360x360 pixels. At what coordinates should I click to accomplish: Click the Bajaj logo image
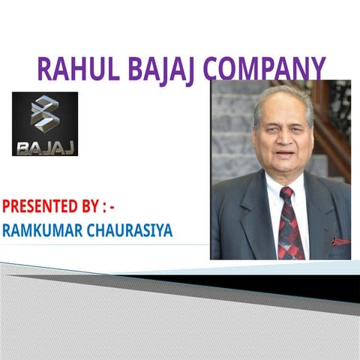point(45,124)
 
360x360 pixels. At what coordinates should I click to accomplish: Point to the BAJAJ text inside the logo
point(45,144)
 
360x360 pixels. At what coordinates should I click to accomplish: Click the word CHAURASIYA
point(134,229)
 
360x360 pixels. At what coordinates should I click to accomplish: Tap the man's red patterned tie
point(289,225)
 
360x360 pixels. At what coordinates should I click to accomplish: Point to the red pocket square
point(340,241)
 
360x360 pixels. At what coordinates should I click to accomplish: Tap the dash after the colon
point(112,205)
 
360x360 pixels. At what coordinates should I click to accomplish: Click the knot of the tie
point(286,193)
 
